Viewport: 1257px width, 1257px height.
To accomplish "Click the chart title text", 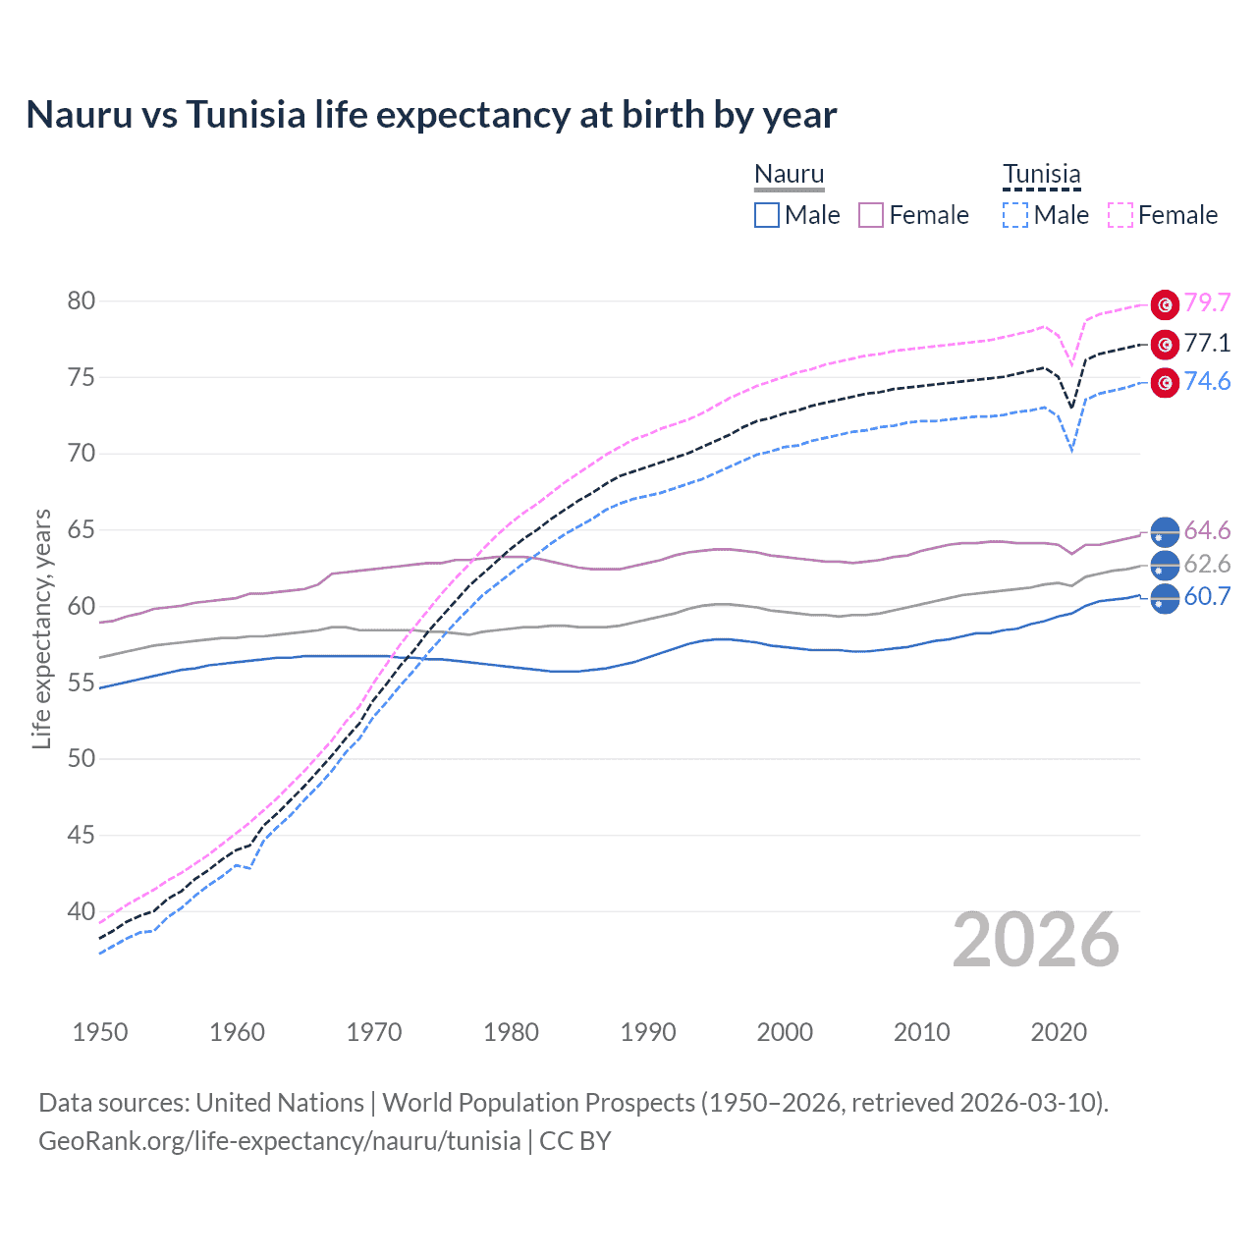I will tap(431, 115).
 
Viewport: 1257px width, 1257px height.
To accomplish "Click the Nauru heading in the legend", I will tap(789, 174).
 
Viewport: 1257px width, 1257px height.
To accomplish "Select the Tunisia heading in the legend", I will tap(1041, 174).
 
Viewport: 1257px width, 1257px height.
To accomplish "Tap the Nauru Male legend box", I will tap(767, 215).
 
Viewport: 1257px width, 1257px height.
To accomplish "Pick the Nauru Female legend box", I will tap(871, 215).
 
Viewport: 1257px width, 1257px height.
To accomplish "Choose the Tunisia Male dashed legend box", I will tap(1015, 215).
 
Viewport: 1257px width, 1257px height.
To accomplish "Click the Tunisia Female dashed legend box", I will tap(1120, 215).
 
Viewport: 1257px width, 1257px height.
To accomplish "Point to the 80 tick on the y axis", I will tap(82, 301).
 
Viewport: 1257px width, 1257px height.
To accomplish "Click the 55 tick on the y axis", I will tap(82, 683).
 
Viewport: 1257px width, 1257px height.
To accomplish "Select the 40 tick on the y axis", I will tap(82, 911).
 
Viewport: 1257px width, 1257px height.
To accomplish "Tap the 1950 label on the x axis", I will tap(100, 1032).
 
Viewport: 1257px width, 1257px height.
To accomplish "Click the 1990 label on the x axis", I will tap(648, 1032).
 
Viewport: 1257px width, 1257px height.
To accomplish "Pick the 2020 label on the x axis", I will tap(1059, 1032).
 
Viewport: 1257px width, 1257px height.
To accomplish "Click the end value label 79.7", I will tap(1207, 303).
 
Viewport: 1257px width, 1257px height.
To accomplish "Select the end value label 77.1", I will tap(1207, 343).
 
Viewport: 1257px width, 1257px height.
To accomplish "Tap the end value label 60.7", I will tap(1207, 596).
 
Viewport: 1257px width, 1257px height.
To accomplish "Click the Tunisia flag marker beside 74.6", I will tap(1165, 383).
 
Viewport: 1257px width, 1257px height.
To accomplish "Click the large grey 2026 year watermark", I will tap(1036, 940).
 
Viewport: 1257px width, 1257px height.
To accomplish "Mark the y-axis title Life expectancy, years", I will tap(41, 628).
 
